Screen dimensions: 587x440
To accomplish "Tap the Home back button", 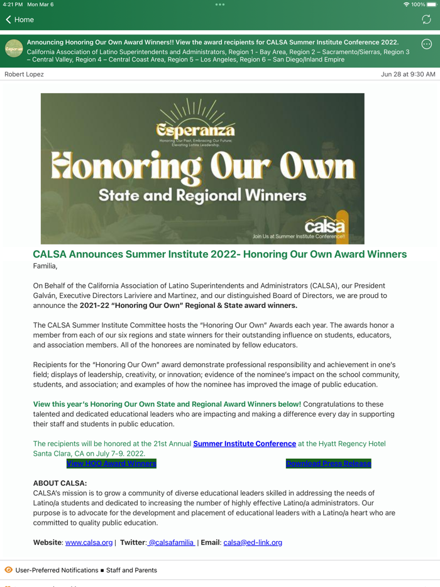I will point(19,19).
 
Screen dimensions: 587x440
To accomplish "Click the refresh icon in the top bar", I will point(426,19).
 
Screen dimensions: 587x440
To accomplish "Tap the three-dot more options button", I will point(426,44).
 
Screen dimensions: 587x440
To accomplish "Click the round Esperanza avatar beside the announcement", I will point(14,49).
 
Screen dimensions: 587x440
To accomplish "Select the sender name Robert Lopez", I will point(24,74).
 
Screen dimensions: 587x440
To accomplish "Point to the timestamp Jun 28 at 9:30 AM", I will point(407,74).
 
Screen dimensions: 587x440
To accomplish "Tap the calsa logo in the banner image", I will point(324,225).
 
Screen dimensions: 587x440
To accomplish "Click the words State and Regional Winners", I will point(202,195).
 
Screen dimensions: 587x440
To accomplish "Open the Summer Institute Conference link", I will point(245,444).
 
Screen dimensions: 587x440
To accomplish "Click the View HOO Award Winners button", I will point(111,464).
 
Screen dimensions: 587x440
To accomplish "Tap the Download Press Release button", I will point(328,464).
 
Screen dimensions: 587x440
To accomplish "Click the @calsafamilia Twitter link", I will point(170,542).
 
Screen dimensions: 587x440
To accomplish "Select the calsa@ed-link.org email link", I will point(253,542).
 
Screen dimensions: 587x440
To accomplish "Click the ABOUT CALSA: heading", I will point(60,483).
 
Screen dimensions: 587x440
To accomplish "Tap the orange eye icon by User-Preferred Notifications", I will point(8,570).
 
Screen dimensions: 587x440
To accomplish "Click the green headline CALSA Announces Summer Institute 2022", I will point(219,255).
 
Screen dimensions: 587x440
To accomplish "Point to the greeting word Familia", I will point(45,266).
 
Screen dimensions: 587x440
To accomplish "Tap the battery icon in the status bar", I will point(431,4).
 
